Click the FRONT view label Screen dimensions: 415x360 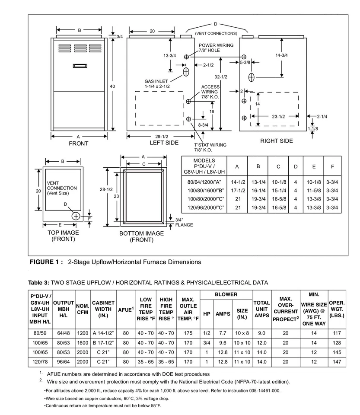click(78, 144)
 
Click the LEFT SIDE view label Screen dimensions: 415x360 click(164, 143)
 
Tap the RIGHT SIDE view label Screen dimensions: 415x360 click(276, 141)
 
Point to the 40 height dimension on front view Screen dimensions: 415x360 click(112, 86)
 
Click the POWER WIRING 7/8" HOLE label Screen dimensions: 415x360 click(216, 48)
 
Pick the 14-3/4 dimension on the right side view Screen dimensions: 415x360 click(281, 55)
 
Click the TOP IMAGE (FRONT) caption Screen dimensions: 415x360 click(63, 236)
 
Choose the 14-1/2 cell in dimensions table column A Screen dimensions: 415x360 click(238, 182)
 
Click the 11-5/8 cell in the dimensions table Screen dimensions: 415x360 click(314, 191)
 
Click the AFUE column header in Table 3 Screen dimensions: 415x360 click(126, 309)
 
